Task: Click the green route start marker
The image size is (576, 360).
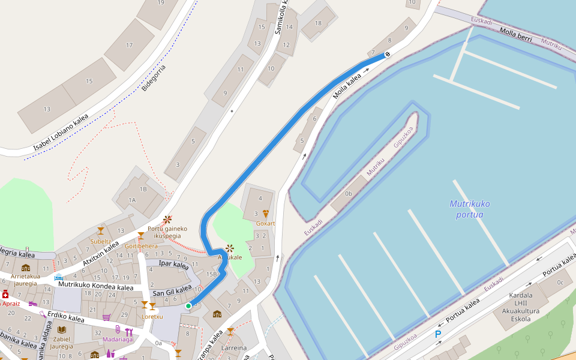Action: coord(188,306)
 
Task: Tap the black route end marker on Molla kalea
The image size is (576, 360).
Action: coord(388,55)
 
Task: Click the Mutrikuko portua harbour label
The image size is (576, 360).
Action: coord(470,209)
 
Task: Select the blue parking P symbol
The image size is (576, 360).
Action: coord(438,334)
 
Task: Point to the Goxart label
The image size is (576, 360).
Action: coord(265,223)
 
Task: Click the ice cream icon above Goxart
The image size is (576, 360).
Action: coord(266,214)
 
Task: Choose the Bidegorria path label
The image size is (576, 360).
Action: coord(153,78)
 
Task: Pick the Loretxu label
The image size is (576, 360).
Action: coord(152,316)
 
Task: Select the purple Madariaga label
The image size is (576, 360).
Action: coord(117,339)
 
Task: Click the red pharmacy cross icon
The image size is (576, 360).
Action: coord(5,295)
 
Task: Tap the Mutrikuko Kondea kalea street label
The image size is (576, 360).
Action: coord(95,287)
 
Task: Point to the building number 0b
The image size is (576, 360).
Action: coord(349,194)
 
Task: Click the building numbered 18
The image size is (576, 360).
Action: coord(318,23)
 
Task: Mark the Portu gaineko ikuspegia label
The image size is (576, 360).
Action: coord(167,232)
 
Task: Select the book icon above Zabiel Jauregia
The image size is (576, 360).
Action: coord(61,329)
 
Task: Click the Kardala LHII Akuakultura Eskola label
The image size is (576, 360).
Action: coord(520,307)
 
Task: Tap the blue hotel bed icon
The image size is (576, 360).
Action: coord(59,277)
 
